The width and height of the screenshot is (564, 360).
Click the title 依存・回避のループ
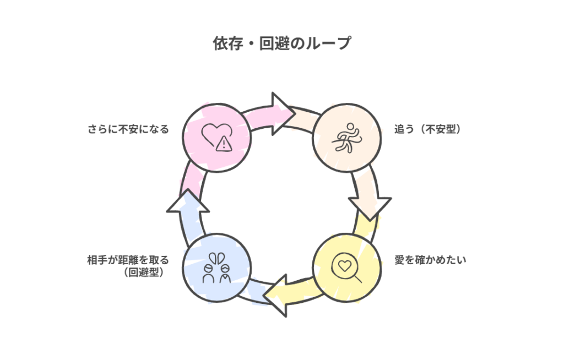pos(281,44)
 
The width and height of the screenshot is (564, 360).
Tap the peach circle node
pos(346,137)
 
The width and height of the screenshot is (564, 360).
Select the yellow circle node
pos(347,267)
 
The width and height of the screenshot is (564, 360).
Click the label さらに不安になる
pos(128,130)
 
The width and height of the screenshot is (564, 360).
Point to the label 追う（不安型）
pos(427,130)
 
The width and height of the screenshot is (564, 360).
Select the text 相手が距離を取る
pos(128,260)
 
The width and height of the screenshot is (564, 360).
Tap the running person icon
pos(346,137)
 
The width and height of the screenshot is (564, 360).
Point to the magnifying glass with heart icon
pos(348,268)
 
